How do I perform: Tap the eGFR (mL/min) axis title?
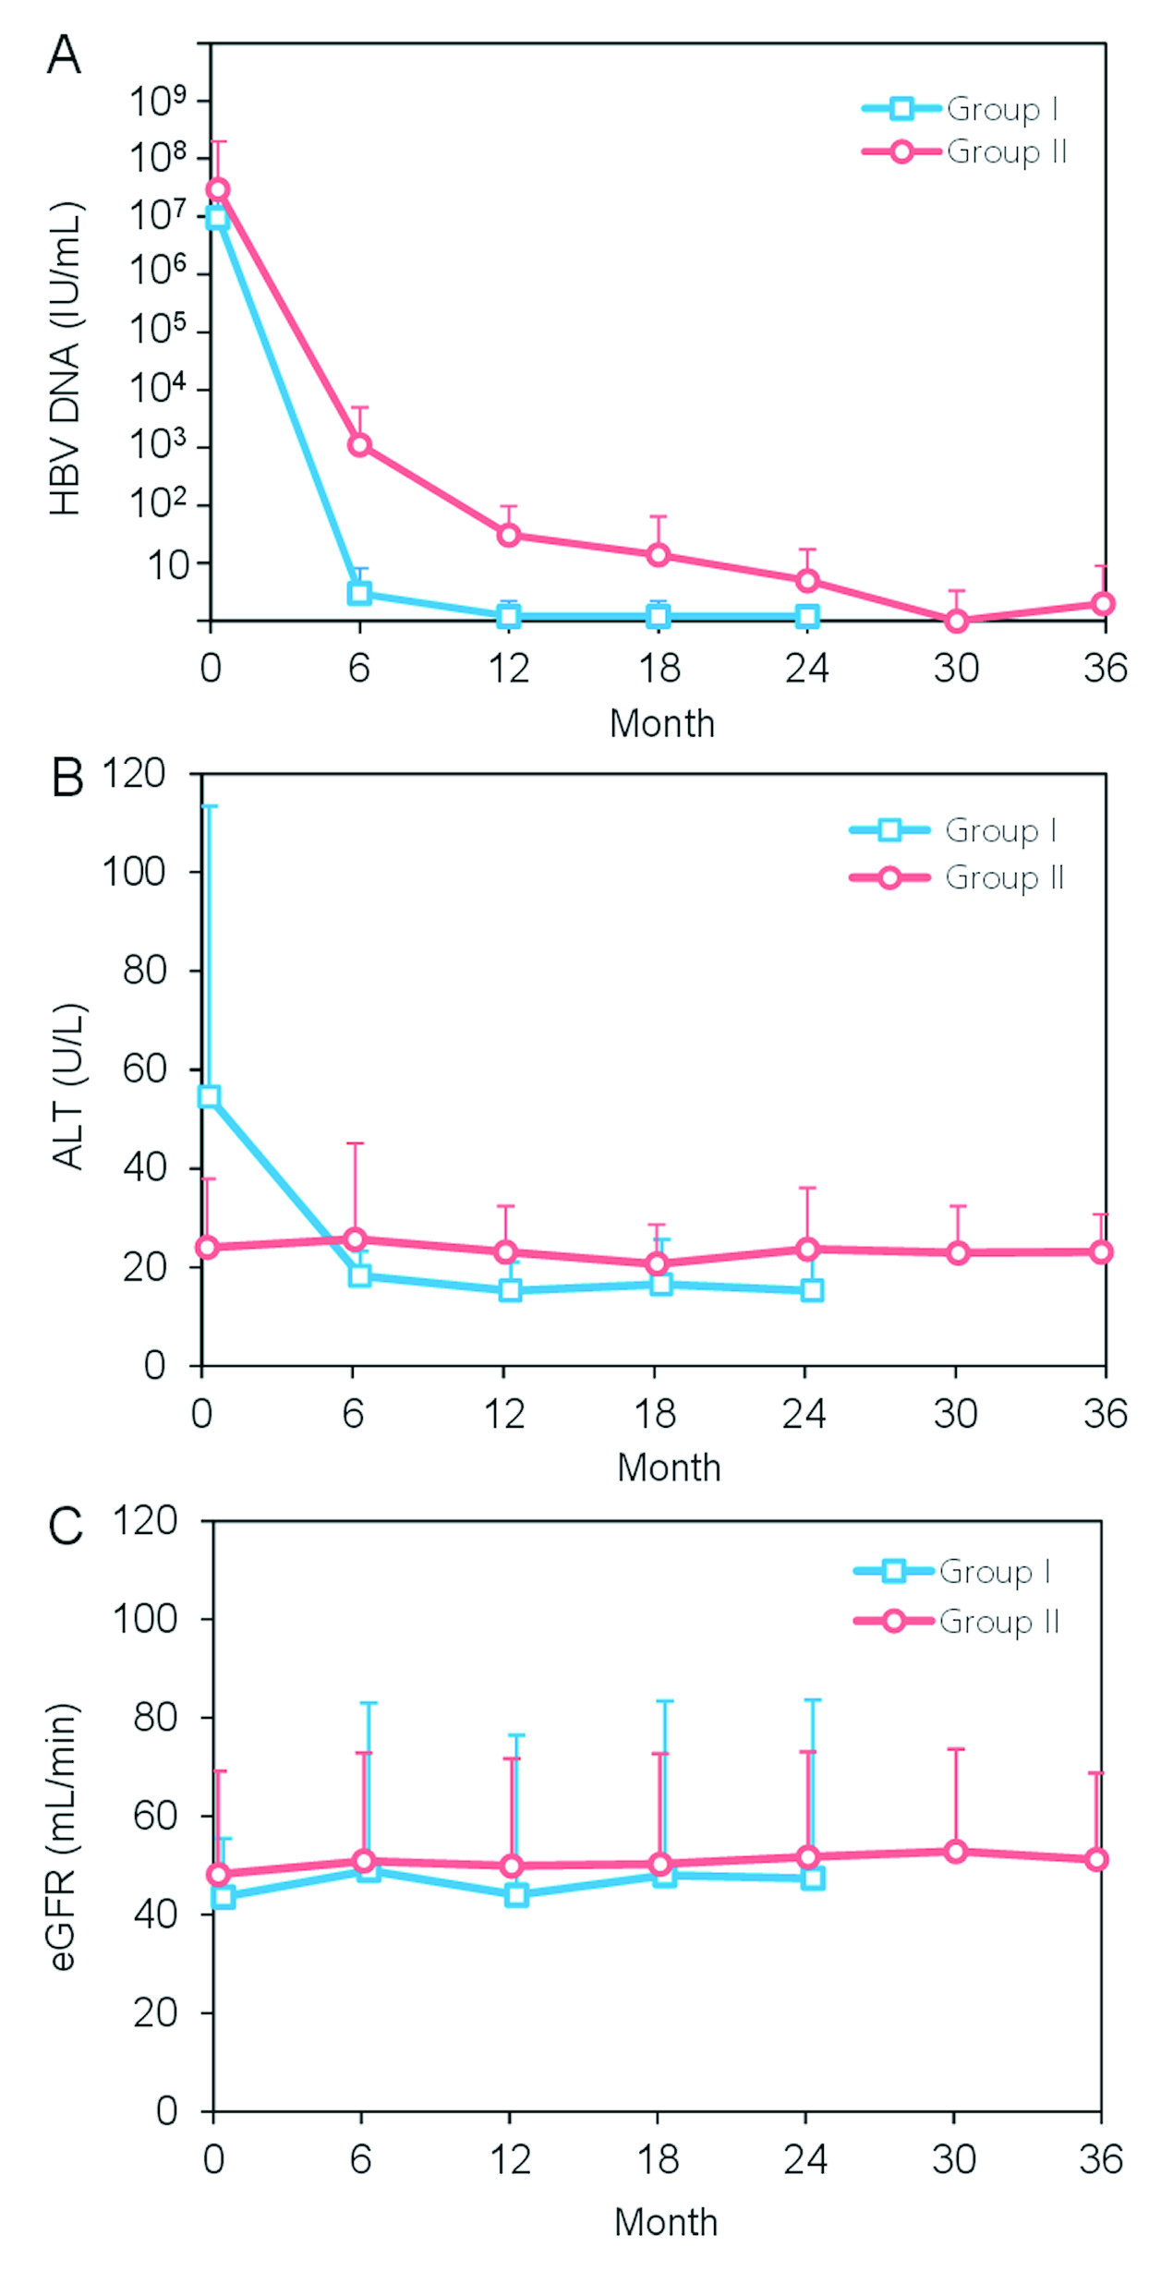tap(63, 1838)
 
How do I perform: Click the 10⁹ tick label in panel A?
tap(158, 101)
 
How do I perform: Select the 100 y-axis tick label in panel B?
tap(133, 871)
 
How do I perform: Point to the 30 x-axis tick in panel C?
tap(954, 2159)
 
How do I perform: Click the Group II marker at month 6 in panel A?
tap(359, 445)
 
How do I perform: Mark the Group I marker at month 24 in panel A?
tap(807, 616)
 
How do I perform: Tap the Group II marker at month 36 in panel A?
tap(1103, 604)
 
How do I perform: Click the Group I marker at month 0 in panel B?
tap(209, 1096)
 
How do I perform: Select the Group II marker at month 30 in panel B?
tap(958, 1253)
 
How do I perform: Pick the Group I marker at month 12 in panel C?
tap(516, 1895)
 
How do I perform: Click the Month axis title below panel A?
tap(662, 723)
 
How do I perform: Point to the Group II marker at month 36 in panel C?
tap(1096, 1859)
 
